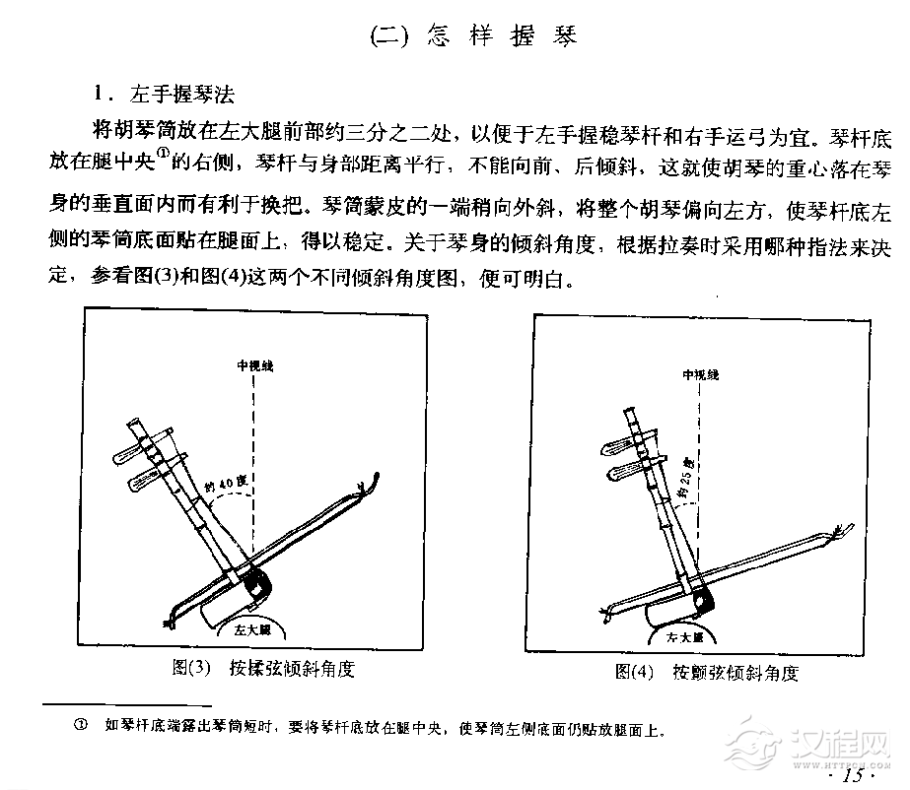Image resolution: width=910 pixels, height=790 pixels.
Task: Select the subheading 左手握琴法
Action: [x=183, y=95]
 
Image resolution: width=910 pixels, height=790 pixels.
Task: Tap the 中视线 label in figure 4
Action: [x=701, y=375]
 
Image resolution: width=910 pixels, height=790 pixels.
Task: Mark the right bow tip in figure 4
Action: [x=838, y=533]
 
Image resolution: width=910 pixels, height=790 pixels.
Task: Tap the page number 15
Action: [x=853, y=775]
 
